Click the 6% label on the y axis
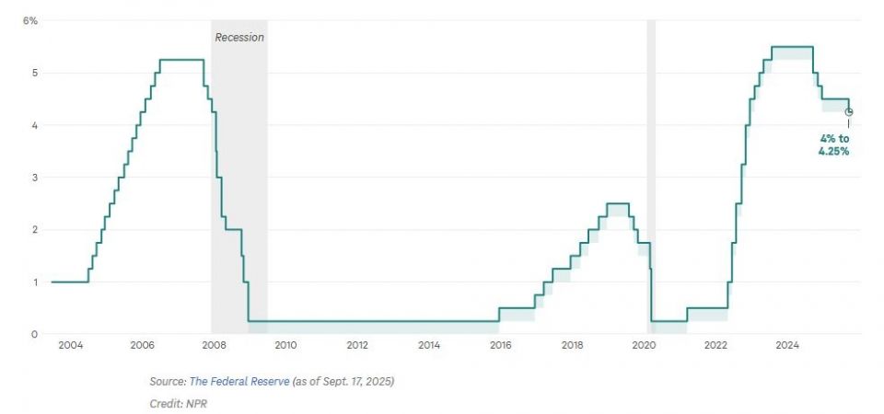(x=30, y=20)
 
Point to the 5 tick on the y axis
(x=33, y=73)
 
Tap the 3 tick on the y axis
(x=33, y=178)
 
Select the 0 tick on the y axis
(x=33, y=334)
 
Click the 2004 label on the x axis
(x=70, y=346)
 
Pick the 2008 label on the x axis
(x=214, y=346)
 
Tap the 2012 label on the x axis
(x=357, y=346)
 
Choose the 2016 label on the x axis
(x=500, y=346)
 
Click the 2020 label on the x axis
(x=644, y=346)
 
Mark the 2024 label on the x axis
(x=787, y=346)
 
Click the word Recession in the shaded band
(x=239, y=38)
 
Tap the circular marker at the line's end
(x=849, y=112)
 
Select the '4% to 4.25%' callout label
(x=833, y=144)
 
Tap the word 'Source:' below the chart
(x=167, y=381)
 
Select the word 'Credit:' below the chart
(x=167, y=403)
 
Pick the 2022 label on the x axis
(x=715, y=346)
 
